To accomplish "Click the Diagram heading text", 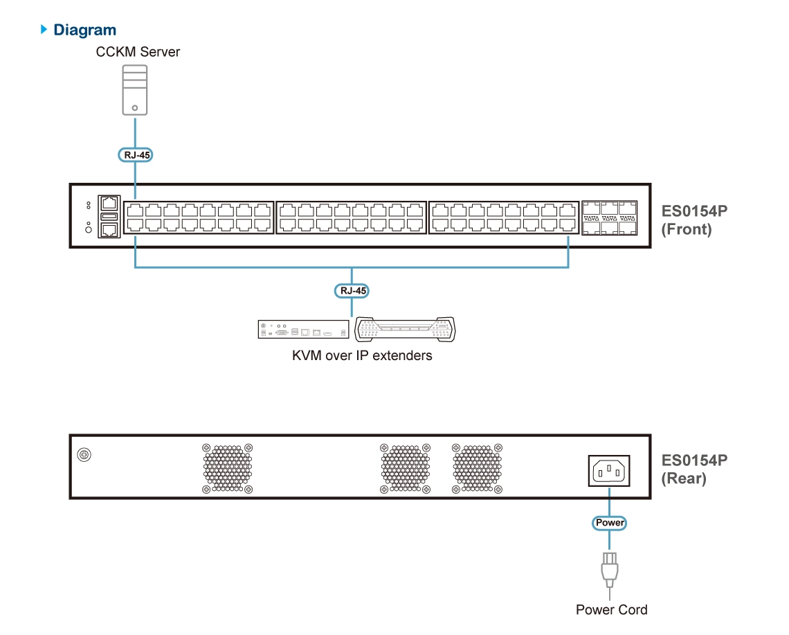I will (85, 30).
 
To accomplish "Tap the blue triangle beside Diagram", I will (45, 29).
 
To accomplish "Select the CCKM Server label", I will (138, 52).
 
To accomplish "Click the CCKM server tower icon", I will (134, 89).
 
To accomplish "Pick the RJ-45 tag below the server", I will (134, 155).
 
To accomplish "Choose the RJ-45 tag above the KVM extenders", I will (352, 291).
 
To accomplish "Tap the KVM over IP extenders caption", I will (362, 356).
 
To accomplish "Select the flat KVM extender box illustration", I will (303, 330).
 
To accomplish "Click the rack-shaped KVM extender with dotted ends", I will (405, 330).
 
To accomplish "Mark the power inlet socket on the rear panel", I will (609, 470).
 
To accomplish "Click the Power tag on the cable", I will (610, 523).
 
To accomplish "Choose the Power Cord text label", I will (612, 610).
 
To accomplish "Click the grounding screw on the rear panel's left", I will (84, 455).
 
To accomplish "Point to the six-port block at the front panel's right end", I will (610, 217).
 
